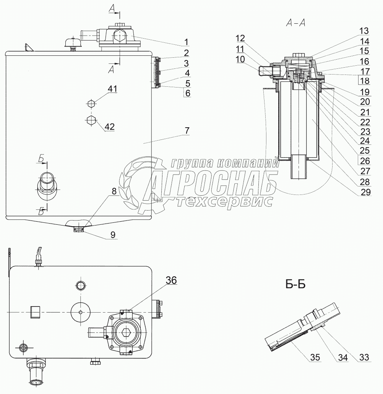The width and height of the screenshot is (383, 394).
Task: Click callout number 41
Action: pyautogui.click(x=113, y=89)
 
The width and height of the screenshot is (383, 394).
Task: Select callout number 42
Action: pyautogui.click(x=110, y=126)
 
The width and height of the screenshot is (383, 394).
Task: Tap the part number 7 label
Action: pyautogui.click(x=187, y=131)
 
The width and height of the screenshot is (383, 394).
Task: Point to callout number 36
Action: pyautogui.click(x=172, y=280)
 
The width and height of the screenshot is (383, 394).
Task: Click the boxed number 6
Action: pyautogui.click(x=188, y=93)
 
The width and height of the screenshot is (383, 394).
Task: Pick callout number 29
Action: pyautogui.click(x=366, y=192)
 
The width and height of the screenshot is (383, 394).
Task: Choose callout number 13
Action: pyautogui.click(x=364, y=31)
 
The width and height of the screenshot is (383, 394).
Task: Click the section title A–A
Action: pyautogui.click(x=296, y=23)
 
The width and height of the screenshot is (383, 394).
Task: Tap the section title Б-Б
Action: pyautogui.click(x=295, y=284)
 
